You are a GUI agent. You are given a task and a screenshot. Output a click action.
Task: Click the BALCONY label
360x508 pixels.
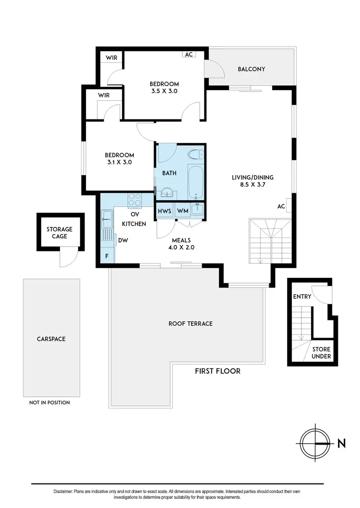252,69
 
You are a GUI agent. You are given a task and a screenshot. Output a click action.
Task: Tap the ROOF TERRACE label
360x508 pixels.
191,324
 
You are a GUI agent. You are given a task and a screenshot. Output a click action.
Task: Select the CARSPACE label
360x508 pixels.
51,339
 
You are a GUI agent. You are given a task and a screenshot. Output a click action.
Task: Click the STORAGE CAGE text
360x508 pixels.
60,233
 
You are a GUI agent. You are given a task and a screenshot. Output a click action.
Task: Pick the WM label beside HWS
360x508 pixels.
182,211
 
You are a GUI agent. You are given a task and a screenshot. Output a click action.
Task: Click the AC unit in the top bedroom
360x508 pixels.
189,54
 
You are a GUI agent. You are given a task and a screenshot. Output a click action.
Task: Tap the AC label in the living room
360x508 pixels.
282,206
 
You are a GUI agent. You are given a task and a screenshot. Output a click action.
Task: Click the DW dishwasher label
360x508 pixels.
123,240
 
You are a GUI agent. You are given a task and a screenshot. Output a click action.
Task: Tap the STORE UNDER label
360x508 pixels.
321,353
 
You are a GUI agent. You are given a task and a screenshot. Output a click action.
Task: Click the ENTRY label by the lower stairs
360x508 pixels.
302,296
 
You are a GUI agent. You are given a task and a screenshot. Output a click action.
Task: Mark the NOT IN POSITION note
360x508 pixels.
50,402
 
